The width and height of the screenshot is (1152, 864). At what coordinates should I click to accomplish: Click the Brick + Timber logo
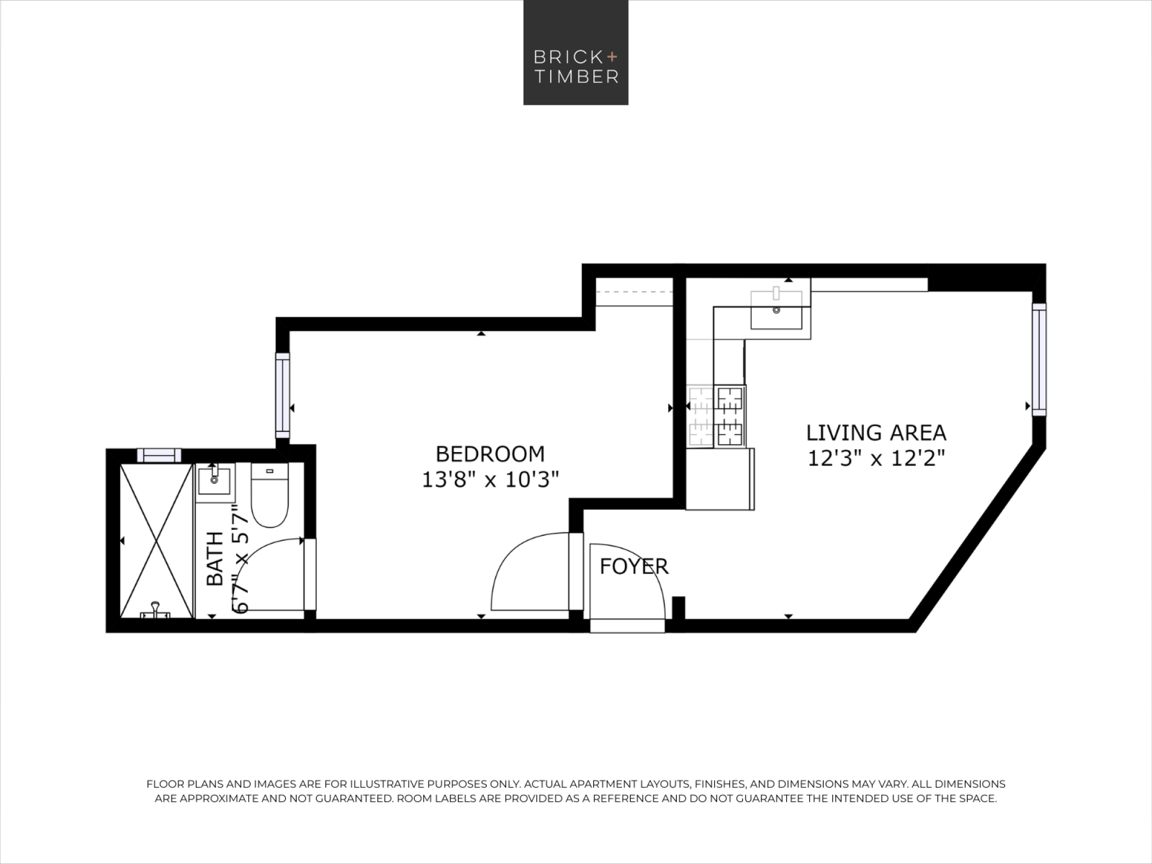(575, 52)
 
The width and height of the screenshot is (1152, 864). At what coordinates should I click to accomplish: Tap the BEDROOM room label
(490, 454)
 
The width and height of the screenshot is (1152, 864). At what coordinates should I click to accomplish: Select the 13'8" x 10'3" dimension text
(490, 480)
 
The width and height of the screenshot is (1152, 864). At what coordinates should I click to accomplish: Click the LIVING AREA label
(876, 433)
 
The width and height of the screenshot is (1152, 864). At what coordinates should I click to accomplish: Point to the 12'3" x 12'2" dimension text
(876, 458)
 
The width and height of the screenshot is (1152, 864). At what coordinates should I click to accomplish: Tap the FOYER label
(634, 567)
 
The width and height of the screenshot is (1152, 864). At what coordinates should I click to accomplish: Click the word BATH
(215, 559)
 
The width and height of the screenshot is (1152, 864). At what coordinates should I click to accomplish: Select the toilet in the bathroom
(270, 496)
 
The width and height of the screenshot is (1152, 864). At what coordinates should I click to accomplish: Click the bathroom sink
(214, 481)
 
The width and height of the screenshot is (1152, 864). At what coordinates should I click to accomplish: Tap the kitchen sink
(776, 309)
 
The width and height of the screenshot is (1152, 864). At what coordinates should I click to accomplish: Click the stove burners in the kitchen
(730, 416)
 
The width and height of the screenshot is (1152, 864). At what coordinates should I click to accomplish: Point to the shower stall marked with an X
(156, 541)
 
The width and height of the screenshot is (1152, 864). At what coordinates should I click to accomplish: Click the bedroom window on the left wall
(283, 395)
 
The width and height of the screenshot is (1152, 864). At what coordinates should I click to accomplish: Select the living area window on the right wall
(1039, 359)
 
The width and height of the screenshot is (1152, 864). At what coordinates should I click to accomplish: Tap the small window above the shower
(159, 455)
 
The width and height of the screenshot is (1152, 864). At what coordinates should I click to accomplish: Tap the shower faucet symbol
(156, 611)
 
